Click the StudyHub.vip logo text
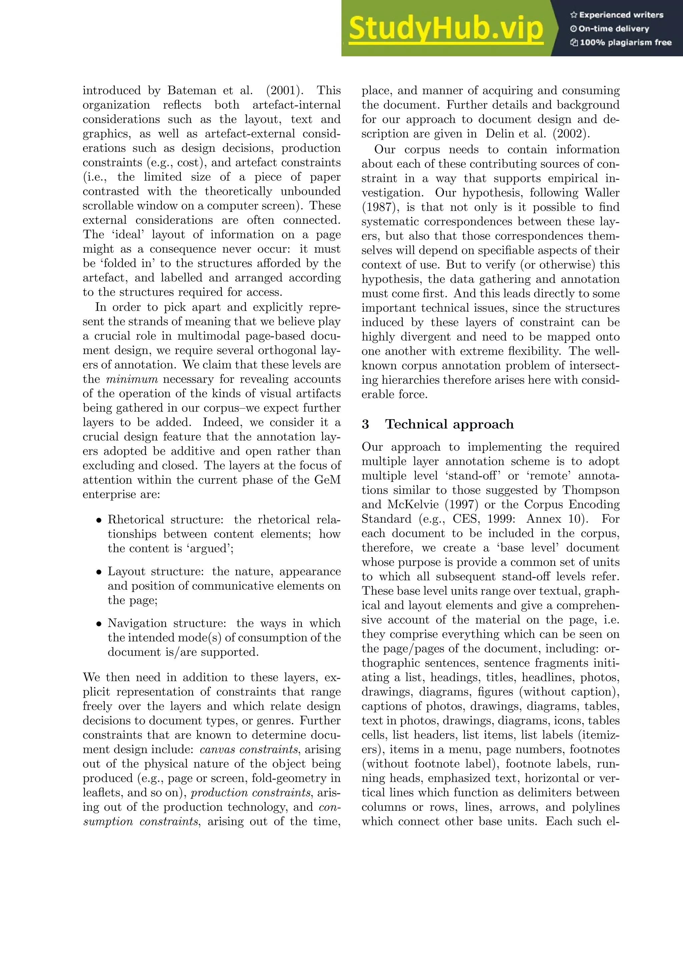(x=446, y=28)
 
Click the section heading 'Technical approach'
(x=449, y=424)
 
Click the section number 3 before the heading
(x=365, y=424)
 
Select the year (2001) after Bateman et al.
(x=285, y=91)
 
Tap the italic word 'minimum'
(x=132, y=379)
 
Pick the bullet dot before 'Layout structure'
(x=99, y=572)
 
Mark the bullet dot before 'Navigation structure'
(x=99, y=624)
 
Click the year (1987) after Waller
(x=378, y=207)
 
